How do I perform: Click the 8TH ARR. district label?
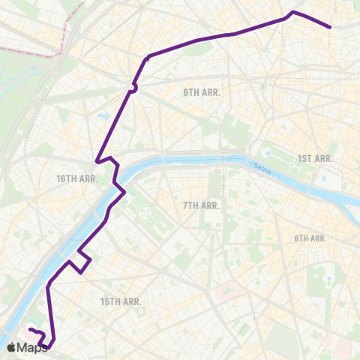point(202,92)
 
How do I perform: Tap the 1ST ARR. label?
point(315,158)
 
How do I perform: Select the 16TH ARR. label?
point(77,178)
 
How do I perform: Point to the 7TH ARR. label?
point(200,205)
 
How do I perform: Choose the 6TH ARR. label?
point(310,238)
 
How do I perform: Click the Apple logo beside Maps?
point(12,347)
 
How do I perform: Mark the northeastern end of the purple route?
point(330,28)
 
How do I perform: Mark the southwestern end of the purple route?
point(30,330)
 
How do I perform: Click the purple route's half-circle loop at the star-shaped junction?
point(134,88)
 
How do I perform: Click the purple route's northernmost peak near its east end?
point(292,12)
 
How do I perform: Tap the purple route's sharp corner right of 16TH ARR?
point(97,160)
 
